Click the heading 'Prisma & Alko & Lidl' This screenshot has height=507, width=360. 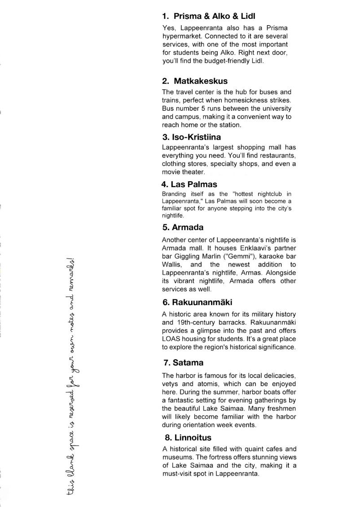tap(209, 16)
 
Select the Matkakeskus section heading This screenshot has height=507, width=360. tap(195, 81)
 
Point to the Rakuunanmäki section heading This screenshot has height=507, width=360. tap(198, 302)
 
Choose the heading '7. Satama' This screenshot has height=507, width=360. tap(183, 363)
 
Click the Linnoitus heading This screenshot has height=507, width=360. tap(188, 437)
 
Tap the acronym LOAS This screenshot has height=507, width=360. tap(171, 339)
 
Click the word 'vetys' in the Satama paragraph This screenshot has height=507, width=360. tap(171, 384)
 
